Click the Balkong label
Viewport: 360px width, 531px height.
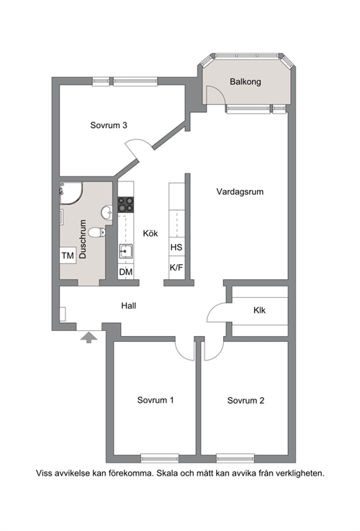tap(245, 82)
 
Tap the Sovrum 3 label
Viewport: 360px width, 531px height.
tap(109, 125)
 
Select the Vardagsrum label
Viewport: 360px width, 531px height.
tap(240, 192)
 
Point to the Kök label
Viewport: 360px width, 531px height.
tap(150, 233)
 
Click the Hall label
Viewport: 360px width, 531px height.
tap(129, 306)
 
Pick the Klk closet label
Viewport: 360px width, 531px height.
tap(259, 310)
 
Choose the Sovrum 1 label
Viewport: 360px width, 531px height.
tap(156, 400)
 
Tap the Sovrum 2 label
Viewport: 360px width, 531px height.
tap(246, 401)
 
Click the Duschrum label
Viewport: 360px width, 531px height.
tap(83, 240)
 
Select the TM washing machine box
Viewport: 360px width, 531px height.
tap(68, 255)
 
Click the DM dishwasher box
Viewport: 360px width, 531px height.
tap(126, 271)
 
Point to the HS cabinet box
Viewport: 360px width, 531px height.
tap(176, 248)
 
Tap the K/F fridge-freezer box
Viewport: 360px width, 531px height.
tap(176, 268)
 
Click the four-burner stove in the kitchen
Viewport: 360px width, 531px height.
tap(126, 205)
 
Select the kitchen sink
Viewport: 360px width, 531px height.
tap(125, 251)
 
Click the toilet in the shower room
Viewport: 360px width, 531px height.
tap(97, 232)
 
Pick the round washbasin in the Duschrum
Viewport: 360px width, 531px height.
tap(107, 212)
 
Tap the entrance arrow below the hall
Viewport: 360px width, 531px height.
tap(89, 337)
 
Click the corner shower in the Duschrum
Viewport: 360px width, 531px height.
tap(71, 193)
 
